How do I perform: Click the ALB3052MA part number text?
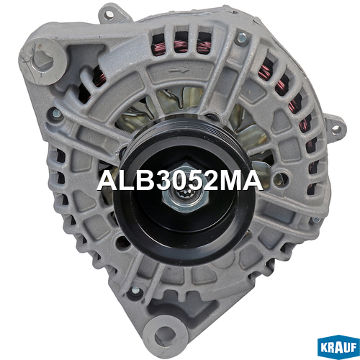[179, 181]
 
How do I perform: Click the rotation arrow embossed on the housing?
[179, 71]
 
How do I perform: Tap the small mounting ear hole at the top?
[109, 14]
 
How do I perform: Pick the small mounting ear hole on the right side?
[336, 130]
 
